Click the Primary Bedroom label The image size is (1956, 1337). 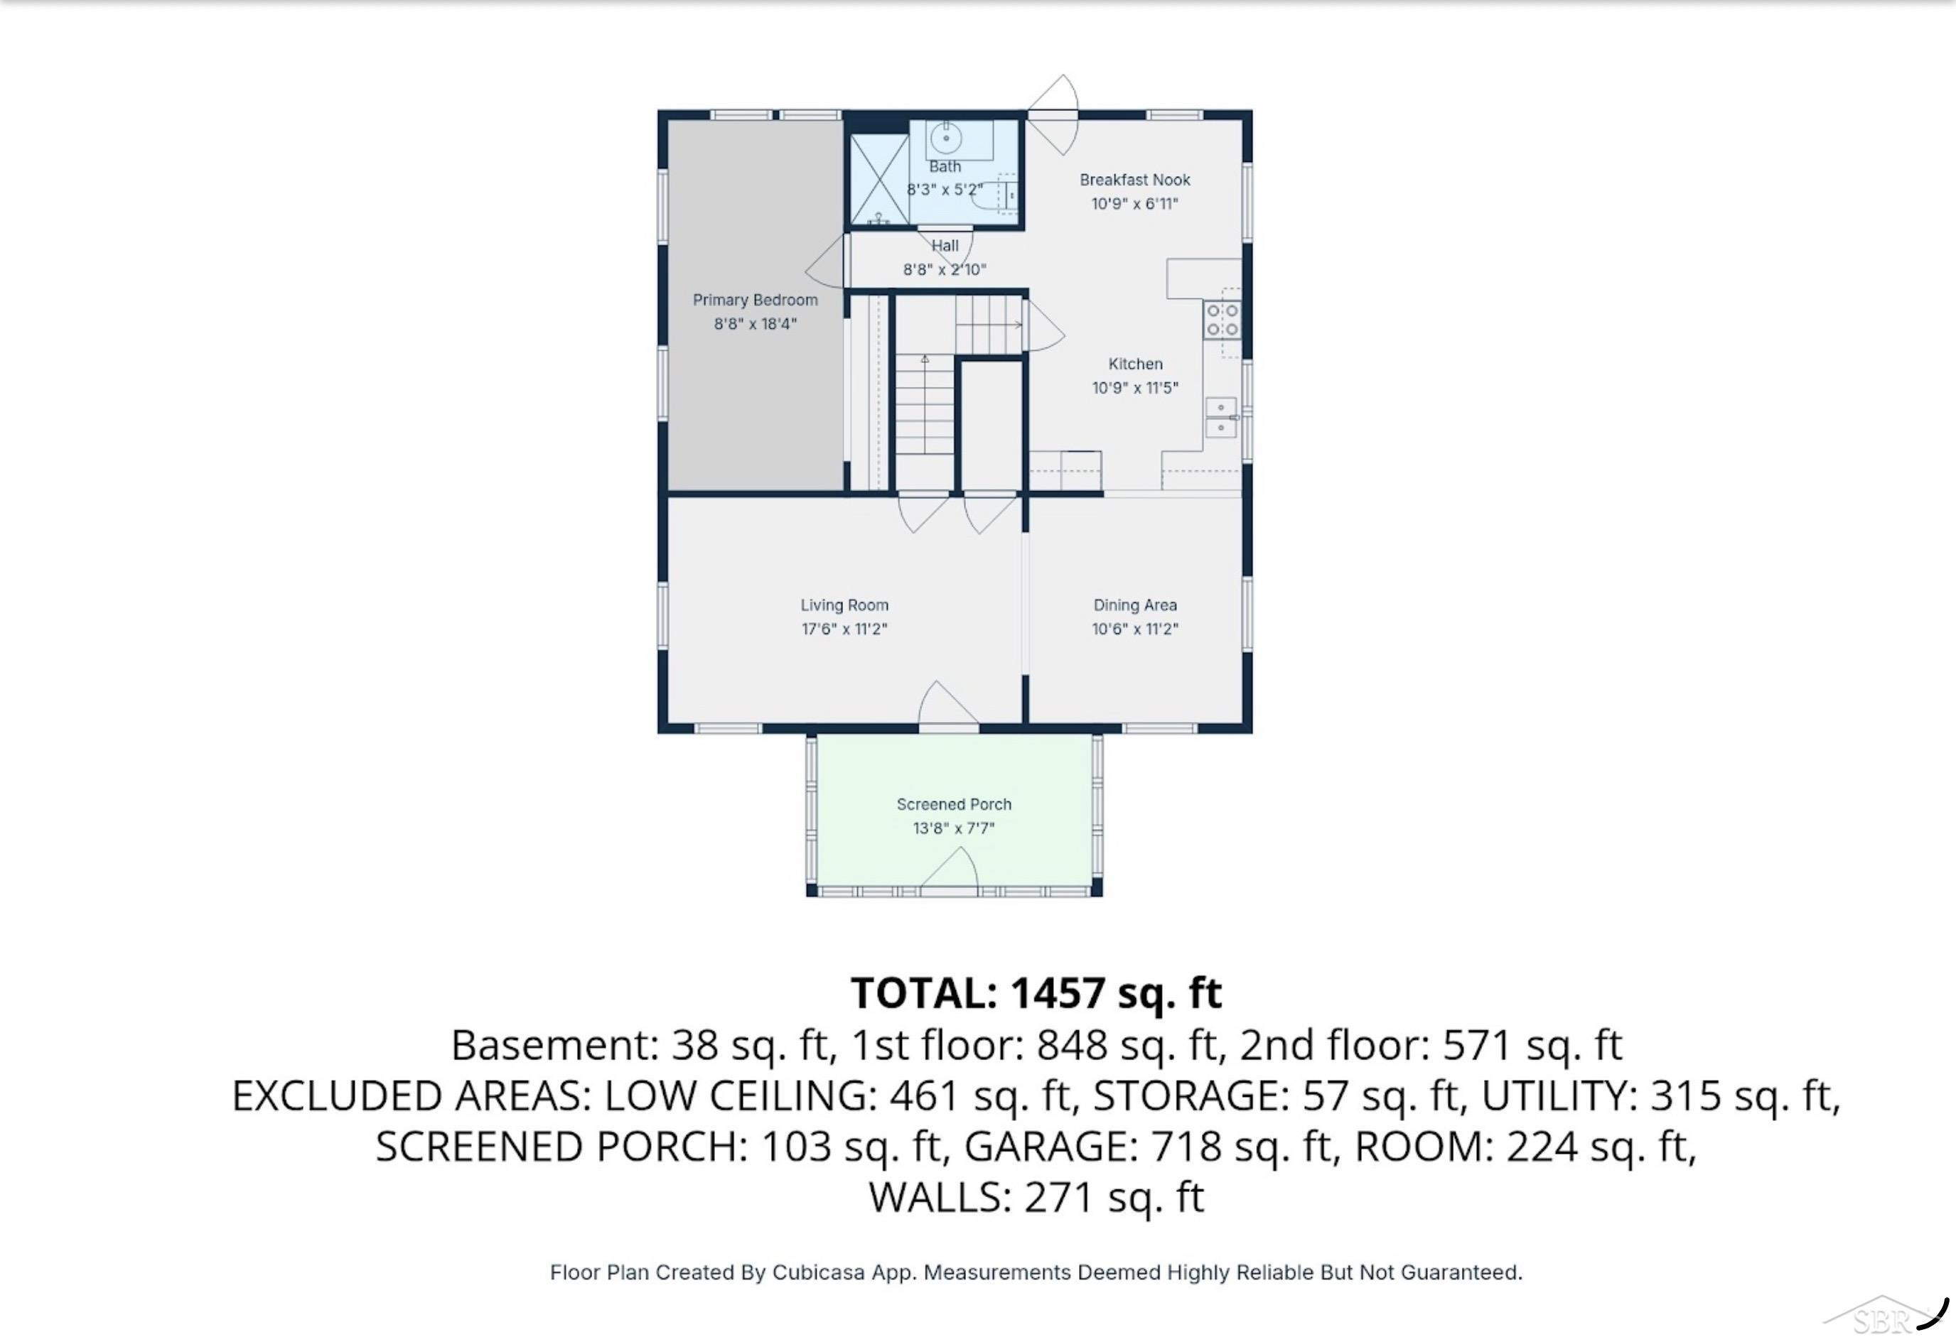[x=755, y=301]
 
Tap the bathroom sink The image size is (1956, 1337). [x=947, y=137]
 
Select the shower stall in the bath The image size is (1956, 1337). [x=878, y=179]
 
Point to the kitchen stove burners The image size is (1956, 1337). [x=1222, y=320]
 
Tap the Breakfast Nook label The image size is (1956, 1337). [x=1134, y=180]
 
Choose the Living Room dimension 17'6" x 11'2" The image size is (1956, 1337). [x=844, y=629]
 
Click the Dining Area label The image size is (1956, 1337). [x=1134, y=605]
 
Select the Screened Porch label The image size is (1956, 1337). [x=954, y=804]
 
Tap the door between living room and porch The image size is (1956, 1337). [x=947, y=703]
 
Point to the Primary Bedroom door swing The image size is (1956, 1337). [x=826, y=261]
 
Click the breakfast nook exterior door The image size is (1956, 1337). [x=1052, y=114]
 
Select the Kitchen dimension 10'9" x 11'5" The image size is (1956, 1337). [x=1134, y=388]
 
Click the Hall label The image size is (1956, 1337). [x=945, y=246]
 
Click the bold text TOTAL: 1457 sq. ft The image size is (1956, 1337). [x=1036, y=993]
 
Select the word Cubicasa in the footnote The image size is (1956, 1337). [x=818, y=1272]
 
